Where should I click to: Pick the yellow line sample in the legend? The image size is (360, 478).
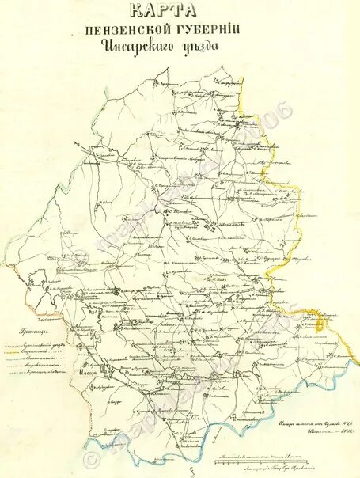[x=11, y=352]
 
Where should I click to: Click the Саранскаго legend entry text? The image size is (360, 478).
[x=35, y=352]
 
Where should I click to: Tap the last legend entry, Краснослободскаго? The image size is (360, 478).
[x=46, y=371]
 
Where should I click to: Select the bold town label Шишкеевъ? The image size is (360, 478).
[x=230, y=224]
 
